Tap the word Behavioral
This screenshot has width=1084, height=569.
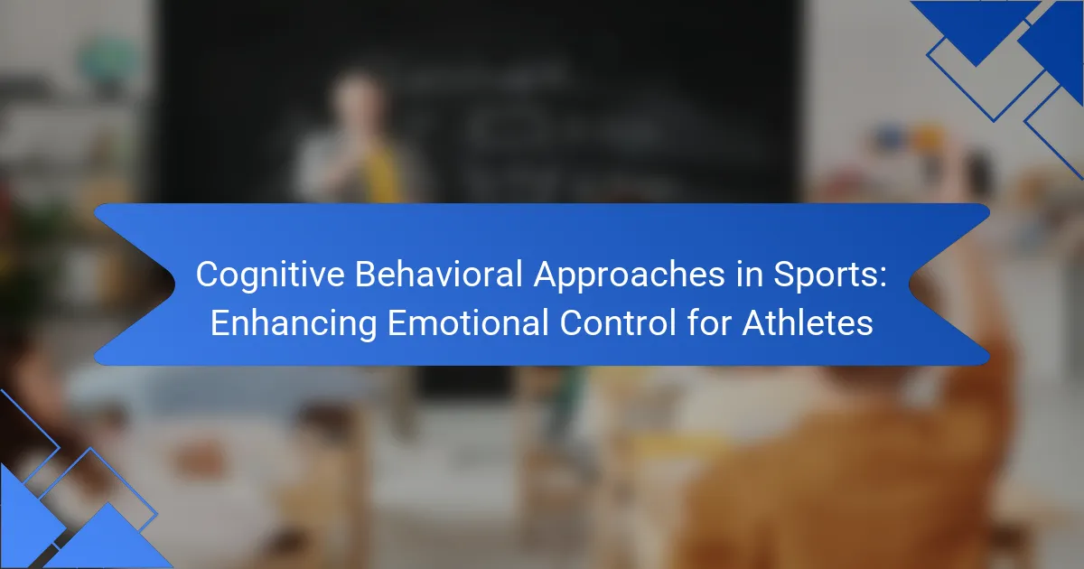coord(439,274)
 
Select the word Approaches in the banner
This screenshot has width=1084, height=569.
coord(629,275)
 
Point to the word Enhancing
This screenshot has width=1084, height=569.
coord(294,324)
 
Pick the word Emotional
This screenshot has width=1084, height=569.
coord(468,322)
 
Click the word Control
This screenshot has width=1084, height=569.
coord(618,322)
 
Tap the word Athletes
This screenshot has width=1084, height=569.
coord(808,322)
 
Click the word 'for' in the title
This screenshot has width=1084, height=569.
coord(709,322)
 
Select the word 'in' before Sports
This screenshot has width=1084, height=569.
coord(749,274)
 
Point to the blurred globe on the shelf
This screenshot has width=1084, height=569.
coord(109,61)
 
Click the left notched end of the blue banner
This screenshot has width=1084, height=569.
coord(135,284)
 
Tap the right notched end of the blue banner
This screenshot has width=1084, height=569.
coord(949,284)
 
